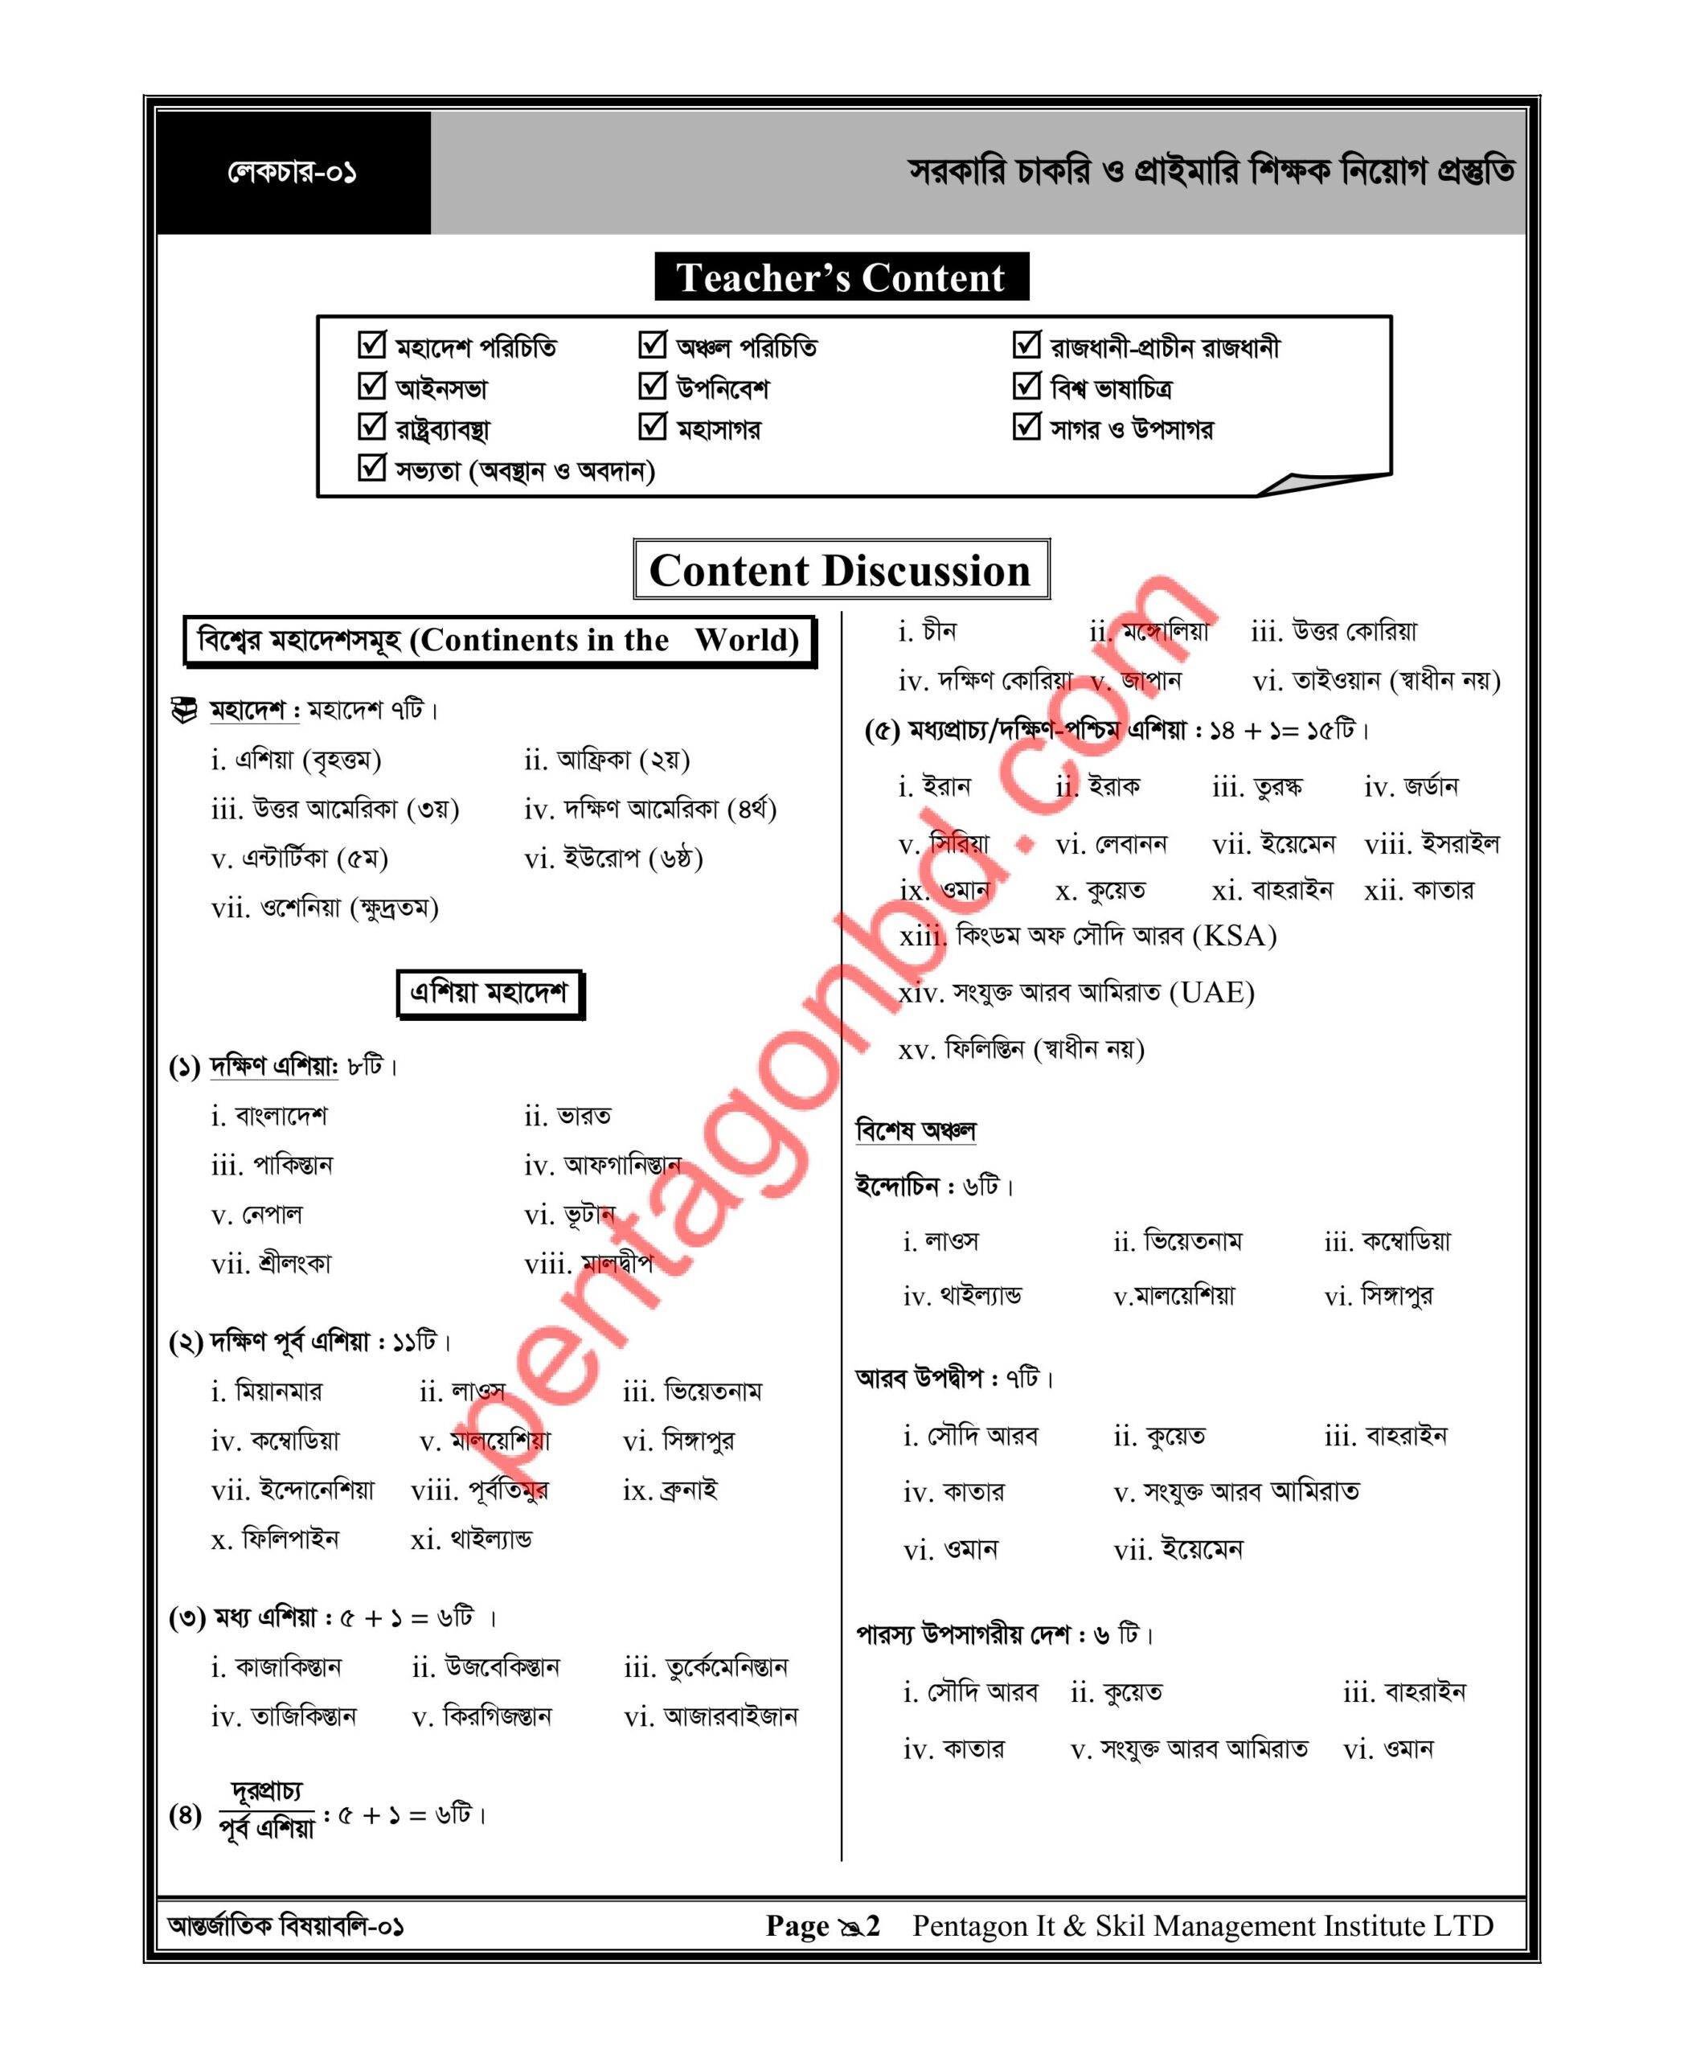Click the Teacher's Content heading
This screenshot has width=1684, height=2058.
click(840, 277)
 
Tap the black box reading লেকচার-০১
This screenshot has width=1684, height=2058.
click(293, 173)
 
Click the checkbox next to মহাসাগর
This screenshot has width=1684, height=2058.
click(652, 426)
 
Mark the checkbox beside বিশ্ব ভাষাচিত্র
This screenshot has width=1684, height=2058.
click(1026, 385)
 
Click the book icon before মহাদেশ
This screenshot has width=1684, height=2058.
click(184, 711)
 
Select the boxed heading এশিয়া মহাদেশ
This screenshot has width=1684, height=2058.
click(489, 993)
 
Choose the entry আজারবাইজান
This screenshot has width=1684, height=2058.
click(731, 1716)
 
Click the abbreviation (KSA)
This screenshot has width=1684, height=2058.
click(1234, 937)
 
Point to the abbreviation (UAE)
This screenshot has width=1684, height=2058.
click(1211, 993)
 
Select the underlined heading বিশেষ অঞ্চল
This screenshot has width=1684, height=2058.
click(916, 1130)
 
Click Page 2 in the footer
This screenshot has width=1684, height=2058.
click(822, 1925)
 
